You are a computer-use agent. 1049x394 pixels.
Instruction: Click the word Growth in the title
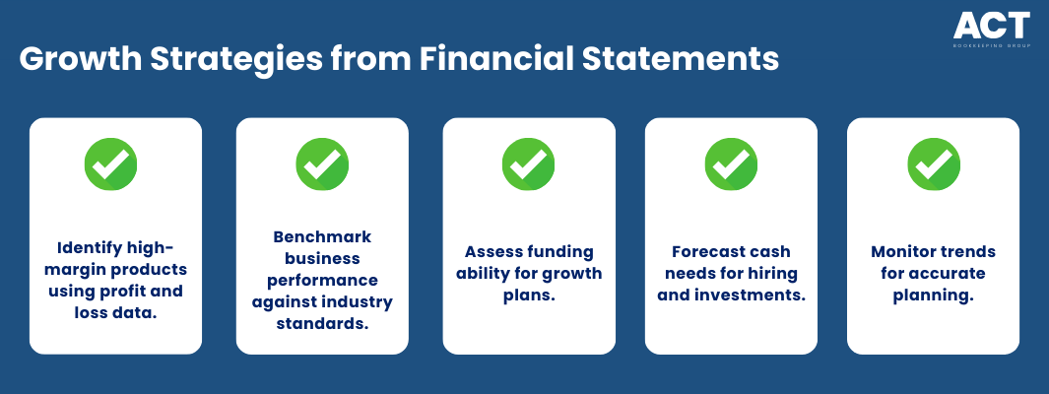click(81, 59)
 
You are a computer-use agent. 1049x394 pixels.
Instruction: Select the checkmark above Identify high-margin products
click(110, 164)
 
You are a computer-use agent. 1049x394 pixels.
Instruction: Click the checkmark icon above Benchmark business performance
click(322, 164)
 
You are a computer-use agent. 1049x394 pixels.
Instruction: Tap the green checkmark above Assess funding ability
click(529, 164)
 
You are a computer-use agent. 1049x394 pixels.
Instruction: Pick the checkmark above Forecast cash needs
click(731, 164)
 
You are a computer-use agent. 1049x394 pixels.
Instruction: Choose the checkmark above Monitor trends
click(934, 164)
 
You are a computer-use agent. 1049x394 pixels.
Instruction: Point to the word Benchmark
click(322, 236)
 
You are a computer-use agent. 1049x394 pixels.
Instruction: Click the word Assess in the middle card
click(492, 251)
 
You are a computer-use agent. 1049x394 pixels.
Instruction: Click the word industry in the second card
click(360, 302)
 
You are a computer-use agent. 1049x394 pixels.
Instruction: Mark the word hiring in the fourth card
click(776, 274)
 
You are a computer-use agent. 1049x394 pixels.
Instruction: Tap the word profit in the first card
click(128, 292)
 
